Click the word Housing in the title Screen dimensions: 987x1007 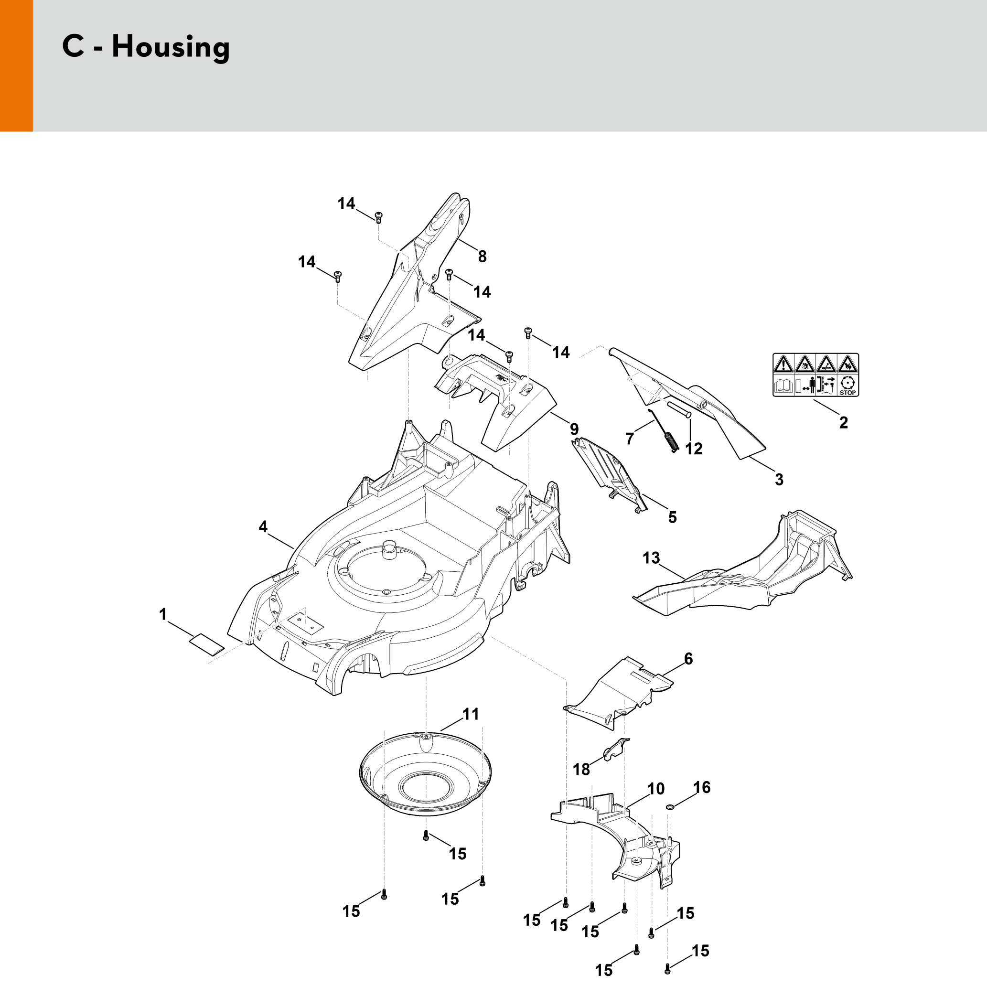[171, 48]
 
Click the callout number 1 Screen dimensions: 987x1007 [163, 615]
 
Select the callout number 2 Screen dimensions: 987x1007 [843, 423]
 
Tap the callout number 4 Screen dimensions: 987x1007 [263, 526]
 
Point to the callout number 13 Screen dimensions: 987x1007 [651, 557]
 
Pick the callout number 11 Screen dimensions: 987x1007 [471, 714]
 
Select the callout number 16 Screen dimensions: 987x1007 [701, 787]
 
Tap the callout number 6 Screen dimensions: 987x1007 [688, 659]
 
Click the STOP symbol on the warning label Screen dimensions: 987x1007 [848, 386]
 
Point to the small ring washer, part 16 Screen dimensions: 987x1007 [670, 807]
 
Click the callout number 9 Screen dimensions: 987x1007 [574, 429]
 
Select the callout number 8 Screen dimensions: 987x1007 [482, 256]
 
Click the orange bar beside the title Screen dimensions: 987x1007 [17, 66]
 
